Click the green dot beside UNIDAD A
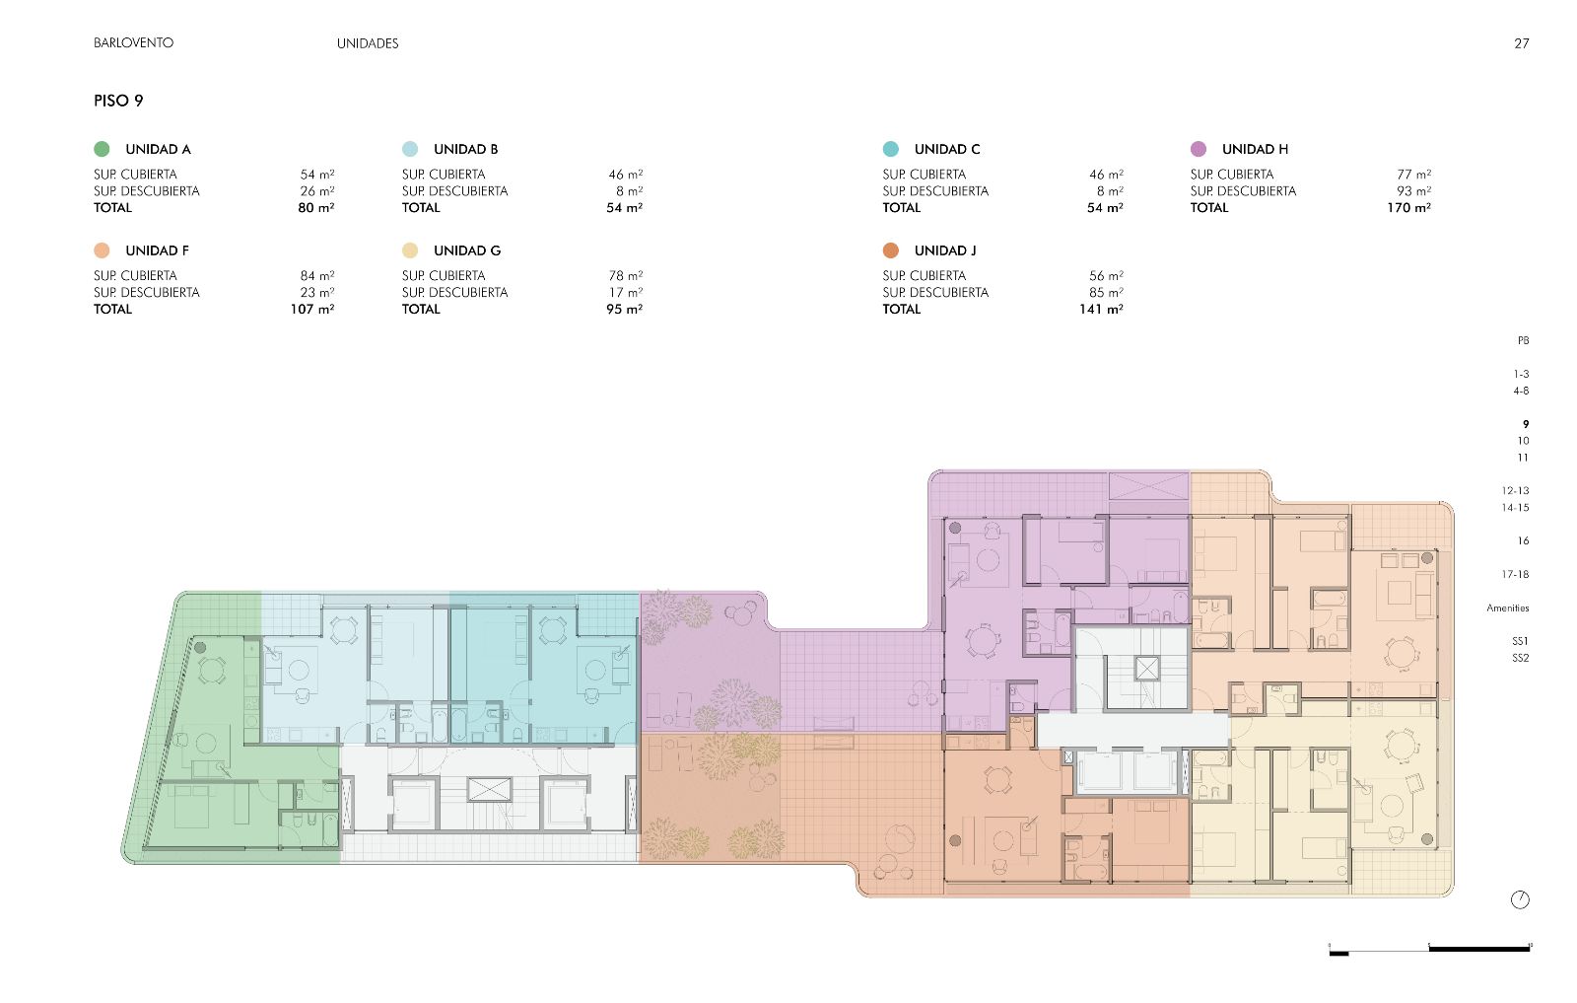point(102,149)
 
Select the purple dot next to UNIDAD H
point(1199,149)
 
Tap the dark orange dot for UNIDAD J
point(891,251)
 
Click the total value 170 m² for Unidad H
point(1408,208)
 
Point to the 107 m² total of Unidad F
point(311,310)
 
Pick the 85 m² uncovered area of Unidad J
point(1106,292)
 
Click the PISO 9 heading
point(118,101)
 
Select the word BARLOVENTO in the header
point(133,43)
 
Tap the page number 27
point(1522,43)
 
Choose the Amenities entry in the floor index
point(1507,608)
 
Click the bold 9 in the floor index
point(1526,424)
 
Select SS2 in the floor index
point(1520,658)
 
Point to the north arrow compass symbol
point(1520,899)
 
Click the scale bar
point(1430,950)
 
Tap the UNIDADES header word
point(368,43)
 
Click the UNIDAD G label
point(467,251)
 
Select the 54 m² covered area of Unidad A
point(316,174)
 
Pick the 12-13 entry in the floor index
point(1515,490)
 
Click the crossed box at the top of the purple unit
point(1148,486)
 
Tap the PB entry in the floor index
point(1523,340)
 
